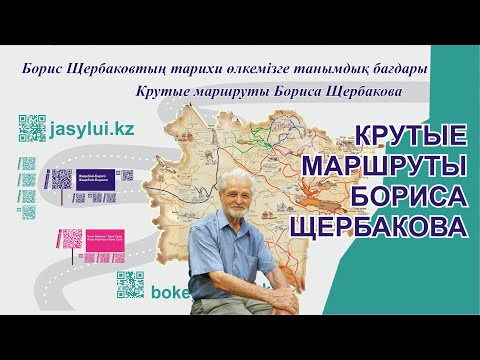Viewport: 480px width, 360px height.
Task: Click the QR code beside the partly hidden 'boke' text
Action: [130, 284]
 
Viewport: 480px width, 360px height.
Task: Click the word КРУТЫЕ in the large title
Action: [407, 136]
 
